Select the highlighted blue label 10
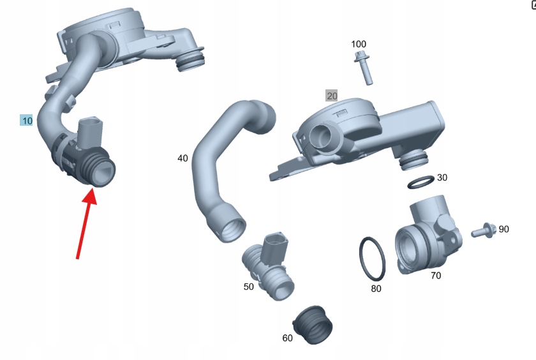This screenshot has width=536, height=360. click(x=27, y=121)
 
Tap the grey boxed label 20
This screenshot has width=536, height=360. click(x=332, y=96)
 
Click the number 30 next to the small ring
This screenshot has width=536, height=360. click(x=442, y=177)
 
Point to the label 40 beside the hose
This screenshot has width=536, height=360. click(x=182, y=158)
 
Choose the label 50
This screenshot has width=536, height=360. click(x=248, y=287)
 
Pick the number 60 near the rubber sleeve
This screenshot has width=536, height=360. click(x=287, y=338)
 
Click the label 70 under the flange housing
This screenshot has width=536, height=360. click(x=435, y=275)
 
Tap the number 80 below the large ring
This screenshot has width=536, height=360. click(x=376, y=289)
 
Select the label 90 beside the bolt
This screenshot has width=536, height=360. click(x=503, y=229)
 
